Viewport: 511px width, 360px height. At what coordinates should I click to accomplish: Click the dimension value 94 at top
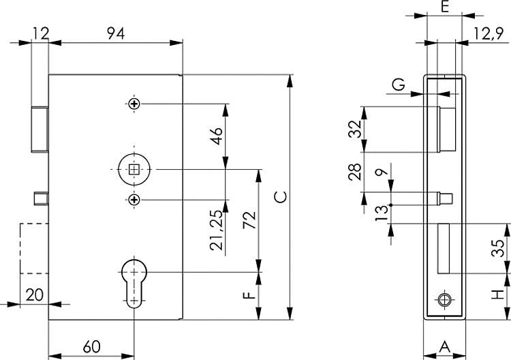115,31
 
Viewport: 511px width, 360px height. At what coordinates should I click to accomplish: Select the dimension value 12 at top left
41,31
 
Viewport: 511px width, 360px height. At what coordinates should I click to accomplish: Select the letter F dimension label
249,295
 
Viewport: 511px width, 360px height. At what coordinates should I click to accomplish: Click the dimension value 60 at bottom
91,346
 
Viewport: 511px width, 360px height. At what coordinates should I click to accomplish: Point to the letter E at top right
444,8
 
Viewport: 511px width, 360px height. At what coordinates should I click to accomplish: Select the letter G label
399,85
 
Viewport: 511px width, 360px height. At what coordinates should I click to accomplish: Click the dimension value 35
499,247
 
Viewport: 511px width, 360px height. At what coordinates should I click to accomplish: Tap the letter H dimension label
499,295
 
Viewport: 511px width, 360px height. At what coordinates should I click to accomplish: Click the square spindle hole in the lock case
135,169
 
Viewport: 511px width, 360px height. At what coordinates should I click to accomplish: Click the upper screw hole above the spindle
135,104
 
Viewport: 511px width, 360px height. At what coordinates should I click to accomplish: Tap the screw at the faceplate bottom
445,300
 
